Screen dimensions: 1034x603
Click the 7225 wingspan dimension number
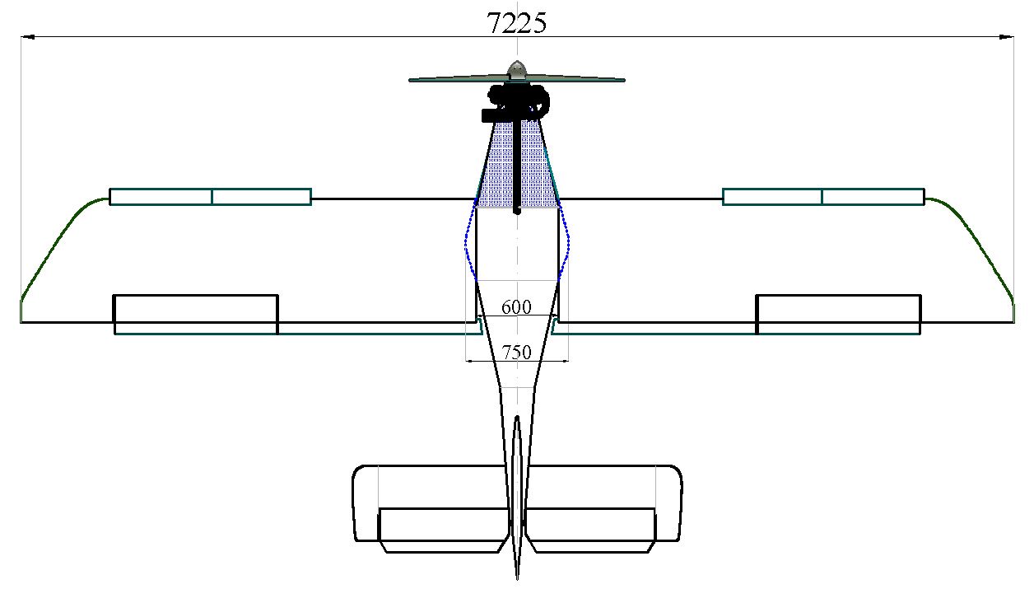[x=516, y=22]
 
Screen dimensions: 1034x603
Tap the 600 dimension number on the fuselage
[x=516, y=307]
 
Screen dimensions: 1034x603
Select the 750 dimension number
[x=516, y=353]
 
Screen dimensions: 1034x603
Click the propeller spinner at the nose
[x=517, y=69]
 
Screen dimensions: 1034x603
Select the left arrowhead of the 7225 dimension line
[x=28, y=36]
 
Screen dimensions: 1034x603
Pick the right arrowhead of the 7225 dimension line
[x=1007, y=36]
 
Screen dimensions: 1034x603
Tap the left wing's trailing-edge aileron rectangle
[x=196, y=314]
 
